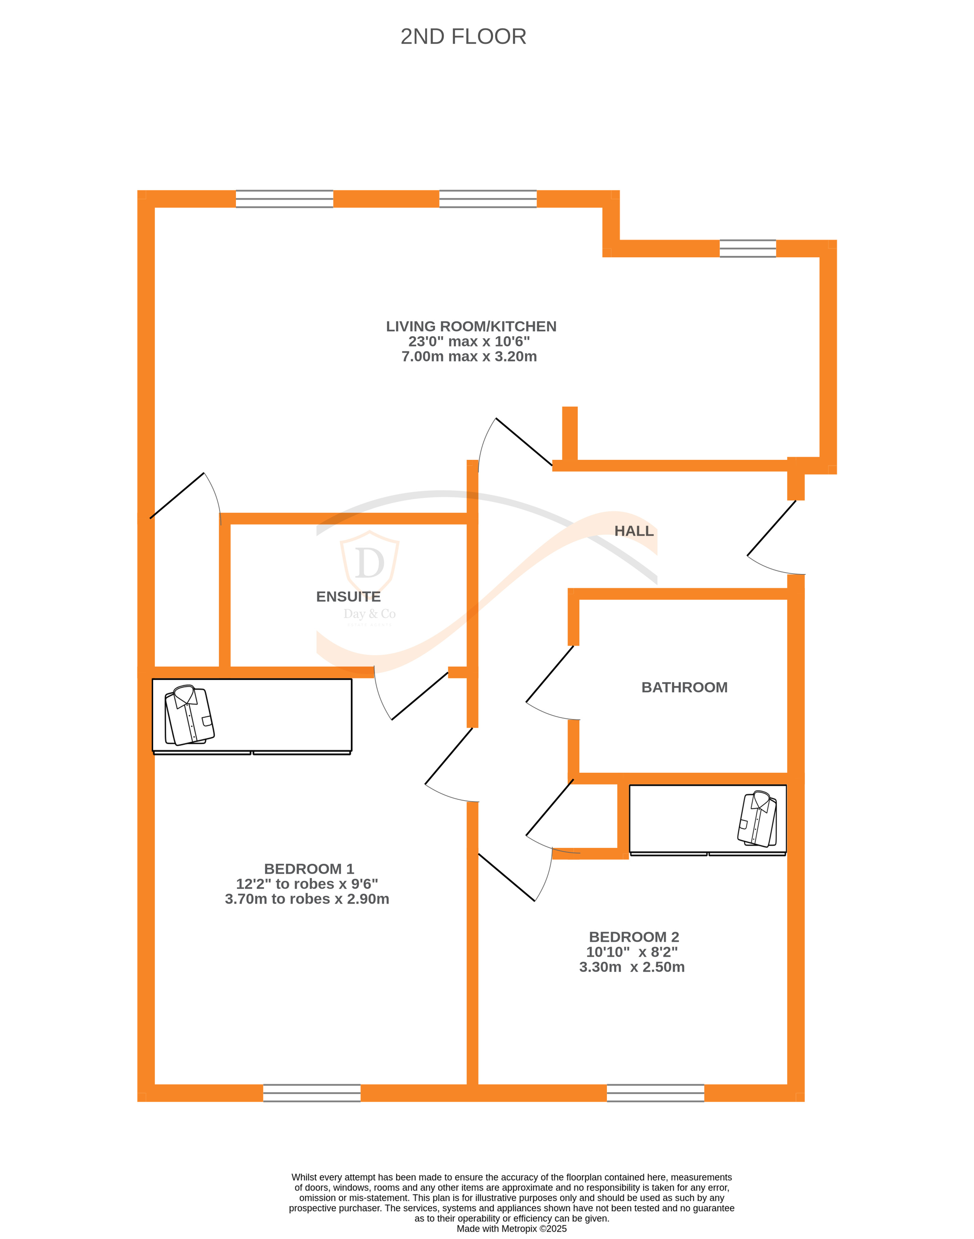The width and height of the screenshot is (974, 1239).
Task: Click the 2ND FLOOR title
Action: (x=463, y=37)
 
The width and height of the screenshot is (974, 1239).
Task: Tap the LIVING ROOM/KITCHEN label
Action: (x=471, y=326)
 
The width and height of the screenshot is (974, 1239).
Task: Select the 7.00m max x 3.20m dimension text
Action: (x=469, y=356)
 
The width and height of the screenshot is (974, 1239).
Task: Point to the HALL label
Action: (x=634, y=531)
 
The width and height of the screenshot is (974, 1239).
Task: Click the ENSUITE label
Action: (x=348, y=597)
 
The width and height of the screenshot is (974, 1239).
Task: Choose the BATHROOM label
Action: (x=684, y=687)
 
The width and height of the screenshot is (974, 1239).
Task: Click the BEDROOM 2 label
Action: (x=634, y=937)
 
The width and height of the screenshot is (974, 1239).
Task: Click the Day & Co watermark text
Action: (x=370, y=614)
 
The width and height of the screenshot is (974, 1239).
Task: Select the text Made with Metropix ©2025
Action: (x=512, y=1229)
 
